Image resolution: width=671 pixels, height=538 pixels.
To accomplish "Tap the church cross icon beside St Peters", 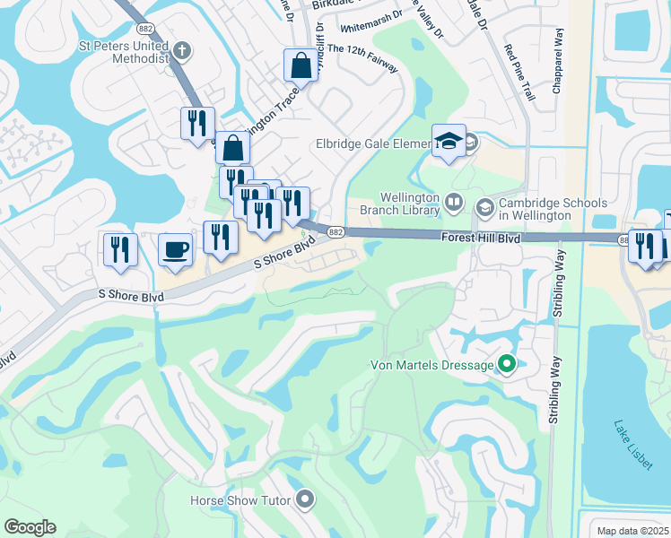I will pyautogui.click(x=182, y=50).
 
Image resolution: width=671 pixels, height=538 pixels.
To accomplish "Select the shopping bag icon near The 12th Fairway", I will pyautogui.click(x=301, y=65).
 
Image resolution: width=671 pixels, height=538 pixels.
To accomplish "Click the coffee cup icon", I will pyautogui.click(x=175, y=248).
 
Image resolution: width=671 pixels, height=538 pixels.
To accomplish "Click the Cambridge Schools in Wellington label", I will pyautogui.click(x=535, y=210).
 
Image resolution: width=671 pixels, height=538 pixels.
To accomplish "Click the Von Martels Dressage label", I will pyautogui.click(x=431, y=365).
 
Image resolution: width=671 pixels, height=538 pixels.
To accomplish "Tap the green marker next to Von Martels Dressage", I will pyautogui.click(x=506, y=364).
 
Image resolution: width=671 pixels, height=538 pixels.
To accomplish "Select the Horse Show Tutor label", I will pyautogui.click(x=240, y=499).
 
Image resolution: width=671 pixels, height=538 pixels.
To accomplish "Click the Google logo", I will pyautogui.click(x=30, y=527).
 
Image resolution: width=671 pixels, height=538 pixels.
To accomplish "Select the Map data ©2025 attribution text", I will pyautogui.click(x=632, y=530).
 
